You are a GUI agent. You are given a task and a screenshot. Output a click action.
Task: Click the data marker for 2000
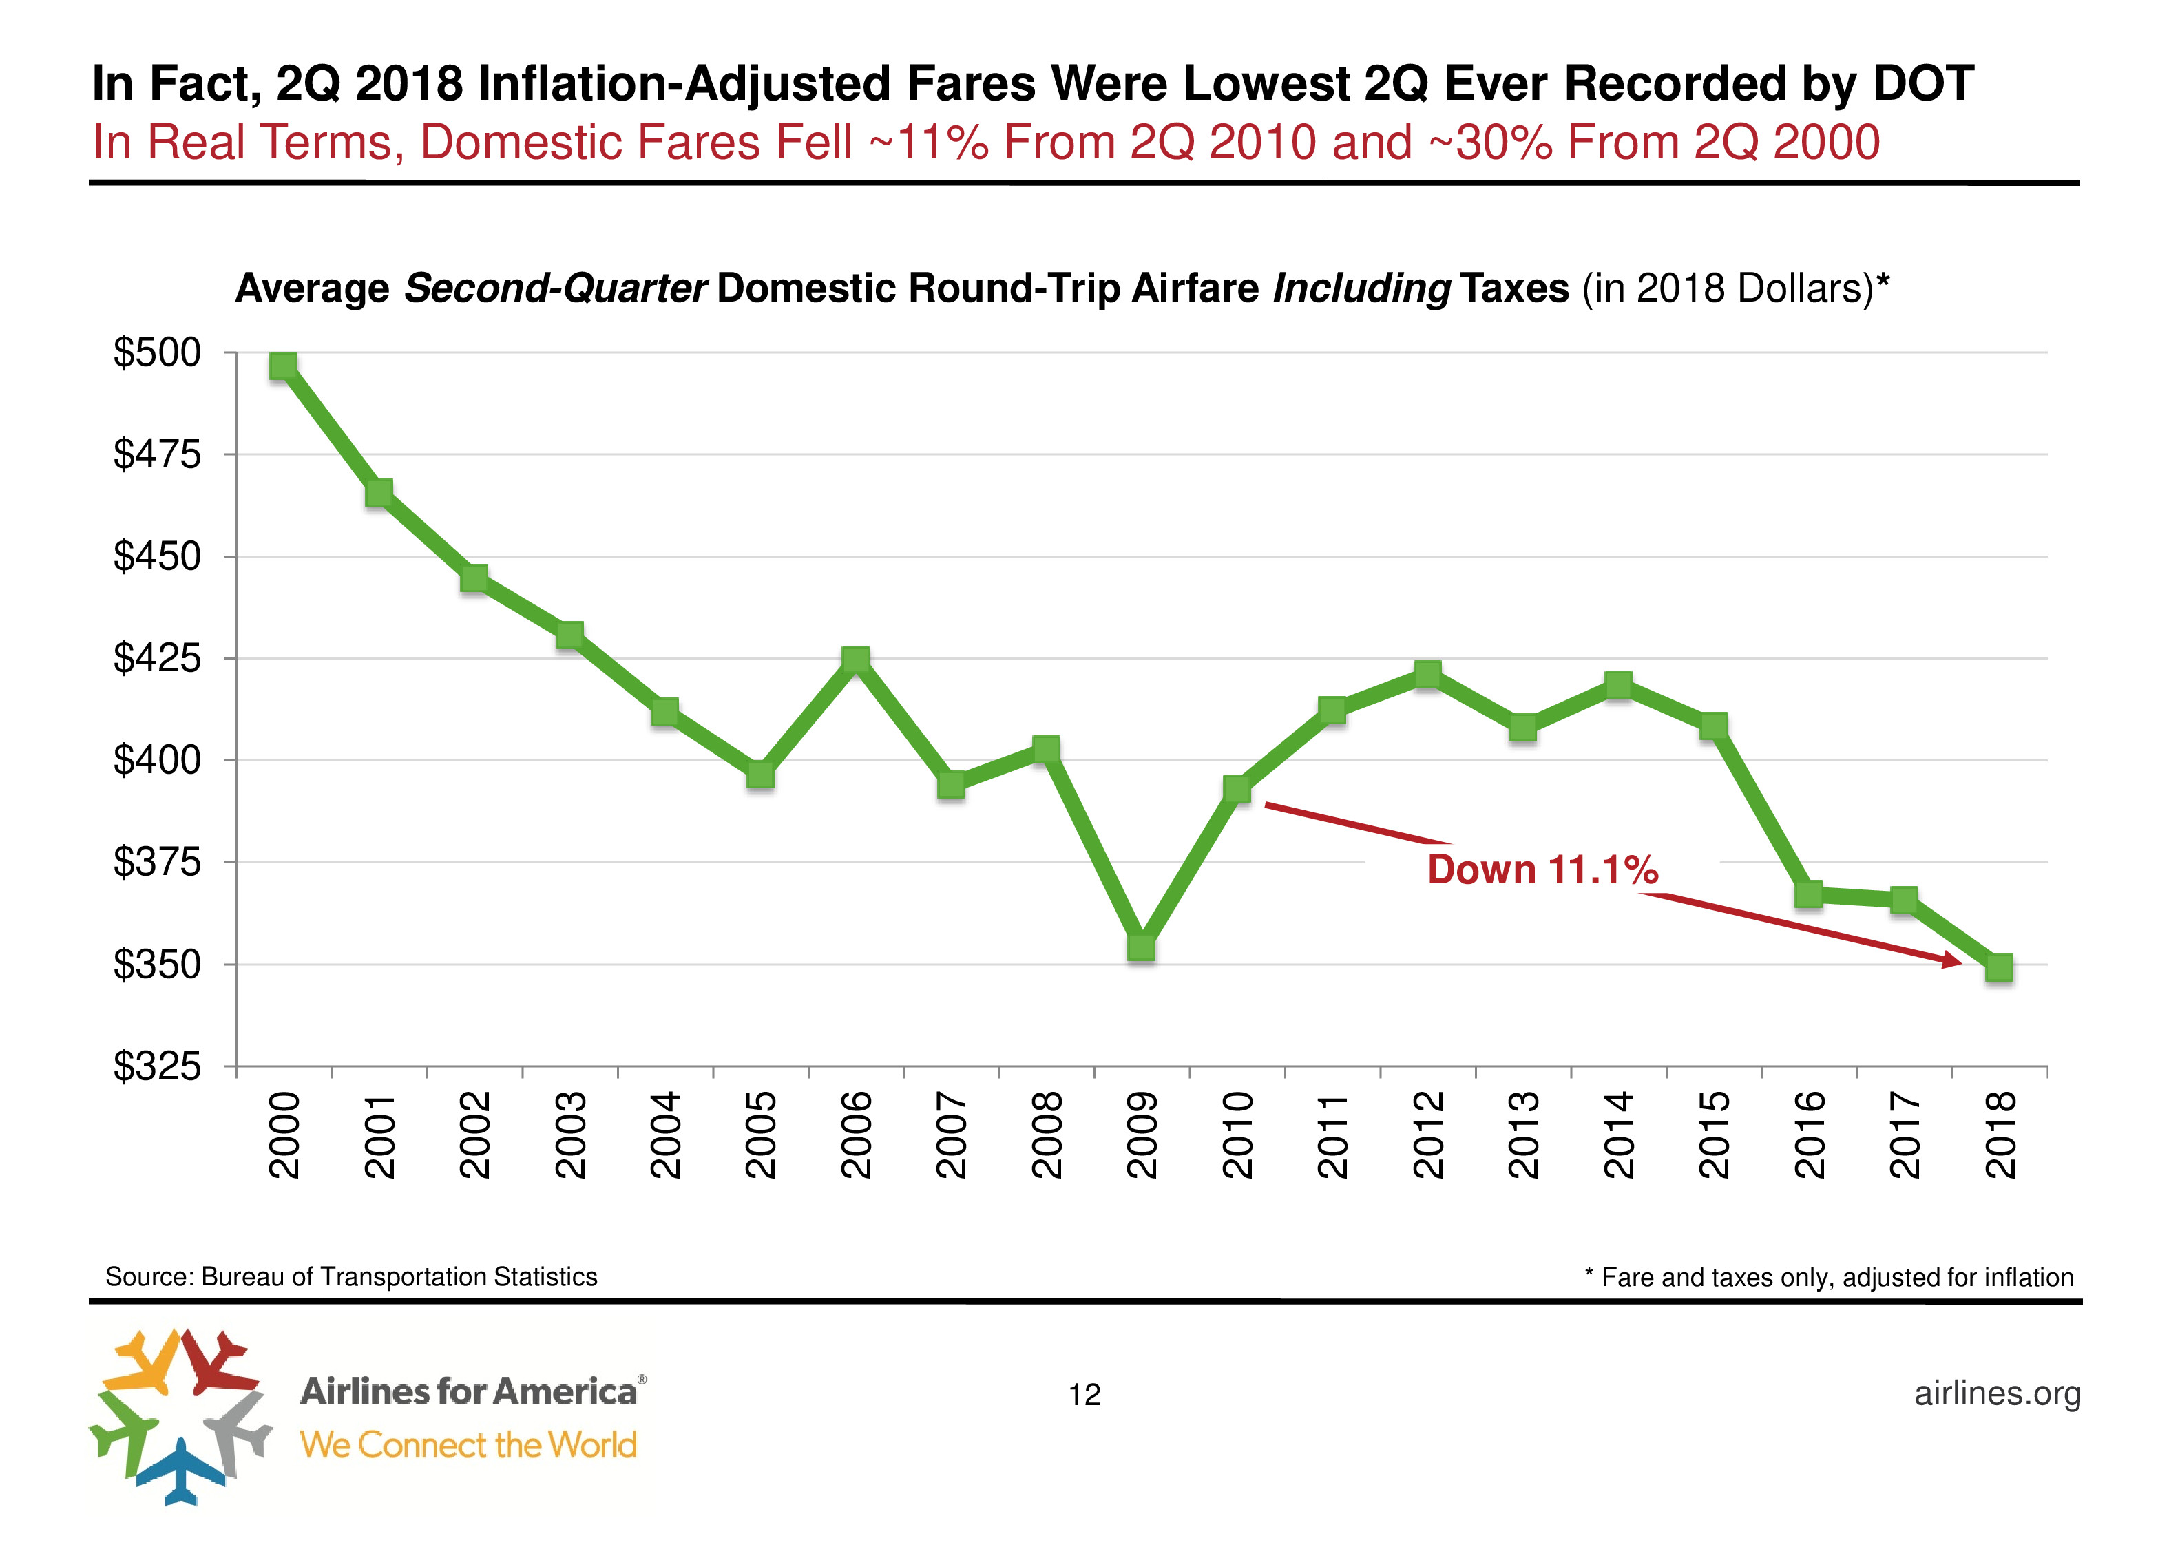(283, 366)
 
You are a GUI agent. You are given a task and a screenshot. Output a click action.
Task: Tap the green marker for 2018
(1998, 968)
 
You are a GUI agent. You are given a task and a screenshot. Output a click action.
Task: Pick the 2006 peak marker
(856, 659)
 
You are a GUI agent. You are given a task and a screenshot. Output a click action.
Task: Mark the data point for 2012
(1427, 675)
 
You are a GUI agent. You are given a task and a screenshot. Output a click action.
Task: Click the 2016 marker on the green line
(1808, 894)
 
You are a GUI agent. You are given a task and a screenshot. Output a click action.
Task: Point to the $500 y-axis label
(158, 353)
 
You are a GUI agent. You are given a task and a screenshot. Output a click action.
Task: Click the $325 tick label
(158, 1066)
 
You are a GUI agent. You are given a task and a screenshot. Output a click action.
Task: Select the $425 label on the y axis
(158, 658)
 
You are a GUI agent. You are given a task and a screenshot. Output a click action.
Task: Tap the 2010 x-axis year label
(1237, 1135)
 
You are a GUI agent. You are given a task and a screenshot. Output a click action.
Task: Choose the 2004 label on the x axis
(665, 1135)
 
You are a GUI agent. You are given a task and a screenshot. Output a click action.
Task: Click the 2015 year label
(1714, 1135)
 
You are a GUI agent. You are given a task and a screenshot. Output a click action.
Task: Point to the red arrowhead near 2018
(1951, 960)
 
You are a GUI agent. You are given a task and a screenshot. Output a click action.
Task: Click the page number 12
(1084, 1395)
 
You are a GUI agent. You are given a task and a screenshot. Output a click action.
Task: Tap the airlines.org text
(1998, 1393)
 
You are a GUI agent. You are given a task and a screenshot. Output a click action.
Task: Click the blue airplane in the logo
(181, 1470)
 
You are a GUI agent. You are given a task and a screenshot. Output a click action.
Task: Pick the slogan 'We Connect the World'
(468, 1445)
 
